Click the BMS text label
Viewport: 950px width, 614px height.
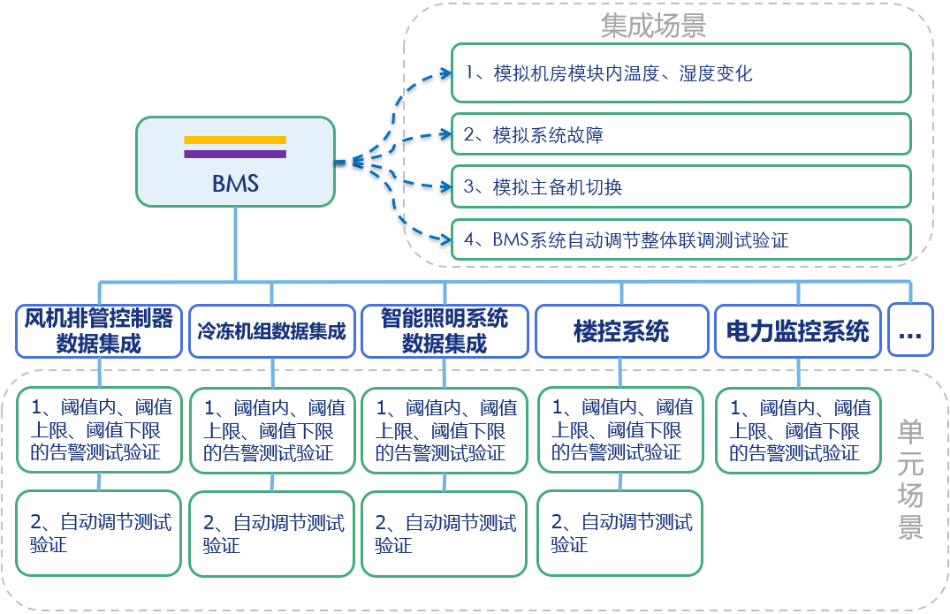[235, 183]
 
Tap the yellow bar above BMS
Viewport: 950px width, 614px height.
[235, 140]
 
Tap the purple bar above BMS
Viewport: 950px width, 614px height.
[235, 154]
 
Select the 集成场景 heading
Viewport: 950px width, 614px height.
[653, 26]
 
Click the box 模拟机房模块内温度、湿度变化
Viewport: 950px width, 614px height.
[680, 73]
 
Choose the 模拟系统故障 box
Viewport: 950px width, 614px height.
[680, 134]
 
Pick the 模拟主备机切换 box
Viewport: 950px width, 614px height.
[680, 186]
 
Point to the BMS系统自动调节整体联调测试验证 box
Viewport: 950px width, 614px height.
[680, 239]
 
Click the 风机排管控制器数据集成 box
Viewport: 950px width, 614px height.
[99, 331]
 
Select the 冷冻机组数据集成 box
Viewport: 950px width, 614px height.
[271, 331]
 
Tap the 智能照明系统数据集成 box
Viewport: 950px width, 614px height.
[445, 331]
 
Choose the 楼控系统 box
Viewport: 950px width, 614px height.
[621, 331]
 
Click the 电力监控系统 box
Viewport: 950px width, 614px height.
[798, 331]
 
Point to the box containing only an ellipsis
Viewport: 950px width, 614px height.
[909, 331]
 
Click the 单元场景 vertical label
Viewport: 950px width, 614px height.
[910, 477]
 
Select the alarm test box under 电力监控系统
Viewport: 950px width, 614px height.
[798, 431]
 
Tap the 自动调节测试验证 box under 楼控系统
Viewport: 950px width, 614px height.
[621, 533]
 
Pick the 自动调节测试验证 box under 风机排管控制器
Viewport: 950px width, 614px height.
[99, 533]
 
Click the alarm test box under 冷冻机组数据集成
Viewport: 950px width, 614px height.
[271, 431]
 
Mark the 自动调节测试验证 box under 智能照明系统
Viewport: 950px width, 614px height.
[445, 533]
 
